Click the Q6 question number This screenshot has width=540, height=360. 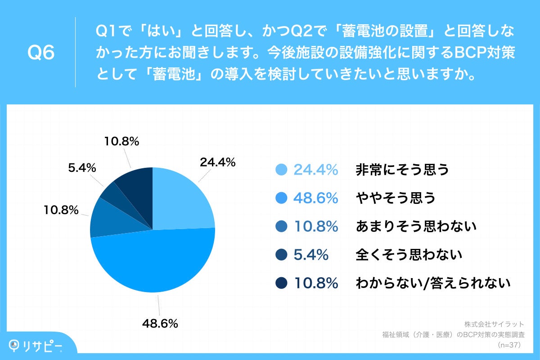pos(41,53)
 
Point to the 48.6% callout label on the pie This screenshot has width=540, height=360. pos(160,323)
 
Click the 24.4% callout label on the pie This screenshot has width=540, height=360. pos(218,163)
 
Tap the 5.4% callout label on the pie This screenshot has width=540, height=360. pos(82,168)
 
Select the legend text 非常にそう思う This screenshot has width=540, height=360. pos(402,170)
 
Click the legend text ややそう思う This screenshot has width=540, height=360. pos(396,198)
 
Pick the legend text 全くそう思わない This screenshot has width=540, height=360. pos(409,255)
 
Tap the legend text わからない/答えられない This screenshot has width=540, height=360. pos(433,283)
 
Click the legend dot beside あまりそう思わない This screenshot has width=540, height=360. pos(281,226)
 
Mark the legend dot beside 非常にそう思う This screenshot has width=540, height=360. pos(281,170)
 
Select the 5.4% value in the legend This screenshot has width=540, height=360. pos(310,255)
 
